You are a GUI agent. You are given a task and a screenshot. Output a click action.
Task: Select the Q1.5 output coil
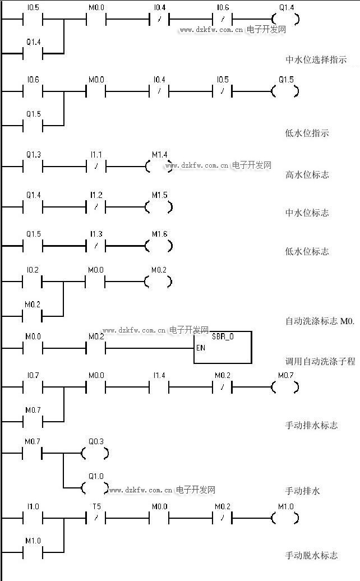285,91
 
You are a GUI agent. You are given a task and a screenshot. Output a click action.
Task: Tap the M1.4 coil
159,166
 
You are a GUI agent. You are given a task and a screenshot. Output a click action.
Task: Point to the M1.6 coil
159,246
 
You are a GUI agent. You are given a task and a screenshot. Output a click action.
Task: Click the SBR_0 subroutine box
223,347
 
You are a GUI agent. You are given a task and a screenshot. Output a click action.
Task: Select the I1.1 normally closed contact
96,166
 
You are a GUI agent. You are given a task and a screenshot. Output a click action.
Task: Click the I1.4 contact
159,387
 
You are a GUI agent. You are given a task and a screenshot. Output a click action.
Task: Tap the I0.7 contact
33,387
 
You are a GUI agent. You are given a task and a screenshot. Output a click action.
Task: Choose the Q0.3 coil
95,453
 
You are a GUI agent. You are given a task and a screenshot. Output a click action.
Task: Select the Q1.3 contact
33,166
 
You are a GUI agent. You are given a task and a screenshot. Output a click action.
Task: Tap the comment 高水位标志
307,175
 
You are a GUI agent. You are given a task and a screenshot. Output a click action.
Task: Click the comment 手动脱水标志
312,556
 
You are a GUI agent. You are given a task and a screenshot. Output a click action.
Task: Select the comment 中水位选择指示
316,60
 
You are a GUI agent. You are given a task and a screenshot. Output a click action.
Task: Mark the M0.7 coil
285,387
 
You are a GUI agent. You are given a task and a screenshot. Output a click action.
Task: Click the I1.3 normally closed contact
96,246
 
